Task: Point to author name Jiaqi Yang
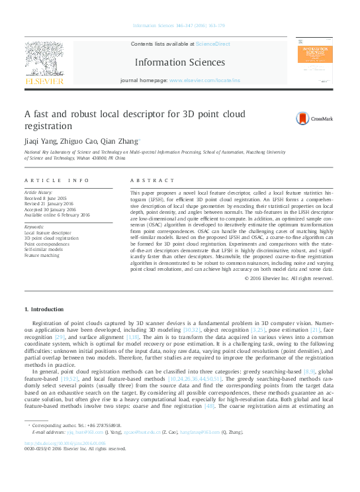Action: point(40,140)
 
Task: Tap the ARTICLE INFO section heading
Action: point(57,180)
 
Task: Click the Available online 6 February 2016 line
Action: point(57,215)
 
